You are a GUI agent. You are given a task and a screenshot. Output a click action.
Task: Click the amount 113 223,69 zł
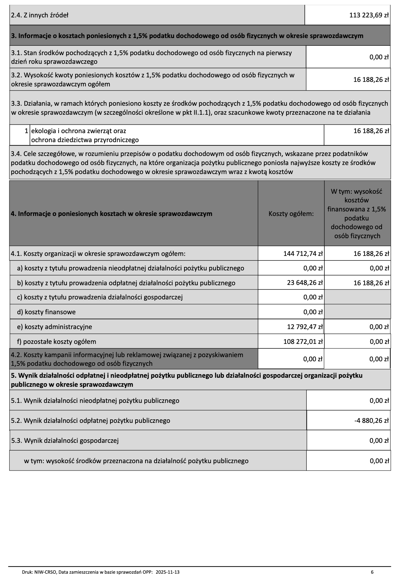click(x=369, y=15)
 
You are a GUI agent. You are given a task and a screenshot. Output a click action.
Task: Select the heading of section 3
click(x=187, y=36)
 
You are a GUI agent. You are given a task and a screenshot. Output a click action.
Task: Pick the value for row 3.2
click(x=371, y=80)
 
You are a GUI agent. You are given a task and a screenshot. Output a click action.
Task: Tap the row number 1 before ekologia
click(x=26, y=131)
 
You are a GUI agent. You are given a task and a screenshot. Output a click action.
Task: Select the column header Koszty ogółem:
click(x=291, y=214)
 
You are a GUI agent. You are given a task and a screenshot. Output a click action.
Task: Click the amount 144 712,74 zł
click(x=303, y=254)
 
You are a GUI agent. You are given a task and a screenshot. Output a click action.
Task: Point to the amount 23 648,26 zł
click(x=305, y=283)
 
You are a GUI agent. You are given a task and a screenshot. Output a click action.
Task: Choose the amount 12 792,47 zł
click(x=305, y=327)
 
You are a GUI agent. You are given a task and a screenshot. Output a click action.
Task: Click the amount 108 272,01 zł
click(x=303, y=342)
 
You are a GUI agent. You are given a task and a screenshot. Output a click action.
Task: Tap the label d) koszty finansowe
click(x=46, y=312)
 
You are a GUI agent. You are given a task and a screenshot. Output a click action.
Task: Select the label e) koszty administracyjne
click(x=54, y=327)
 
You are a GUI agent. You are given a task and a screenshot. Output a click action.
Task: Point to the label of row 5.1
click(x=95, y=401)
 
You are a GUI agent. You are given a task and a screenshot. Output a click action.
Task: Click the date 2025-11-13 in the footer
click(x=167, y=572)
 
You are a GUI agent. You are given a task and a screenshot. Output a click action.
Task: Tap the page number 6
click(x=372, y=572)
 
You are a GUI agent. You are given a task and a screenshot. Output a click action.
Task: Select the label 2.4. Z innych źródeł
click(x=40, y=15)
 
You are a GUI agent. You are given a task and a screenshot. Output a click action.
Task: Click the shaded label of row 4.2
click(x=127, y=359)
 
